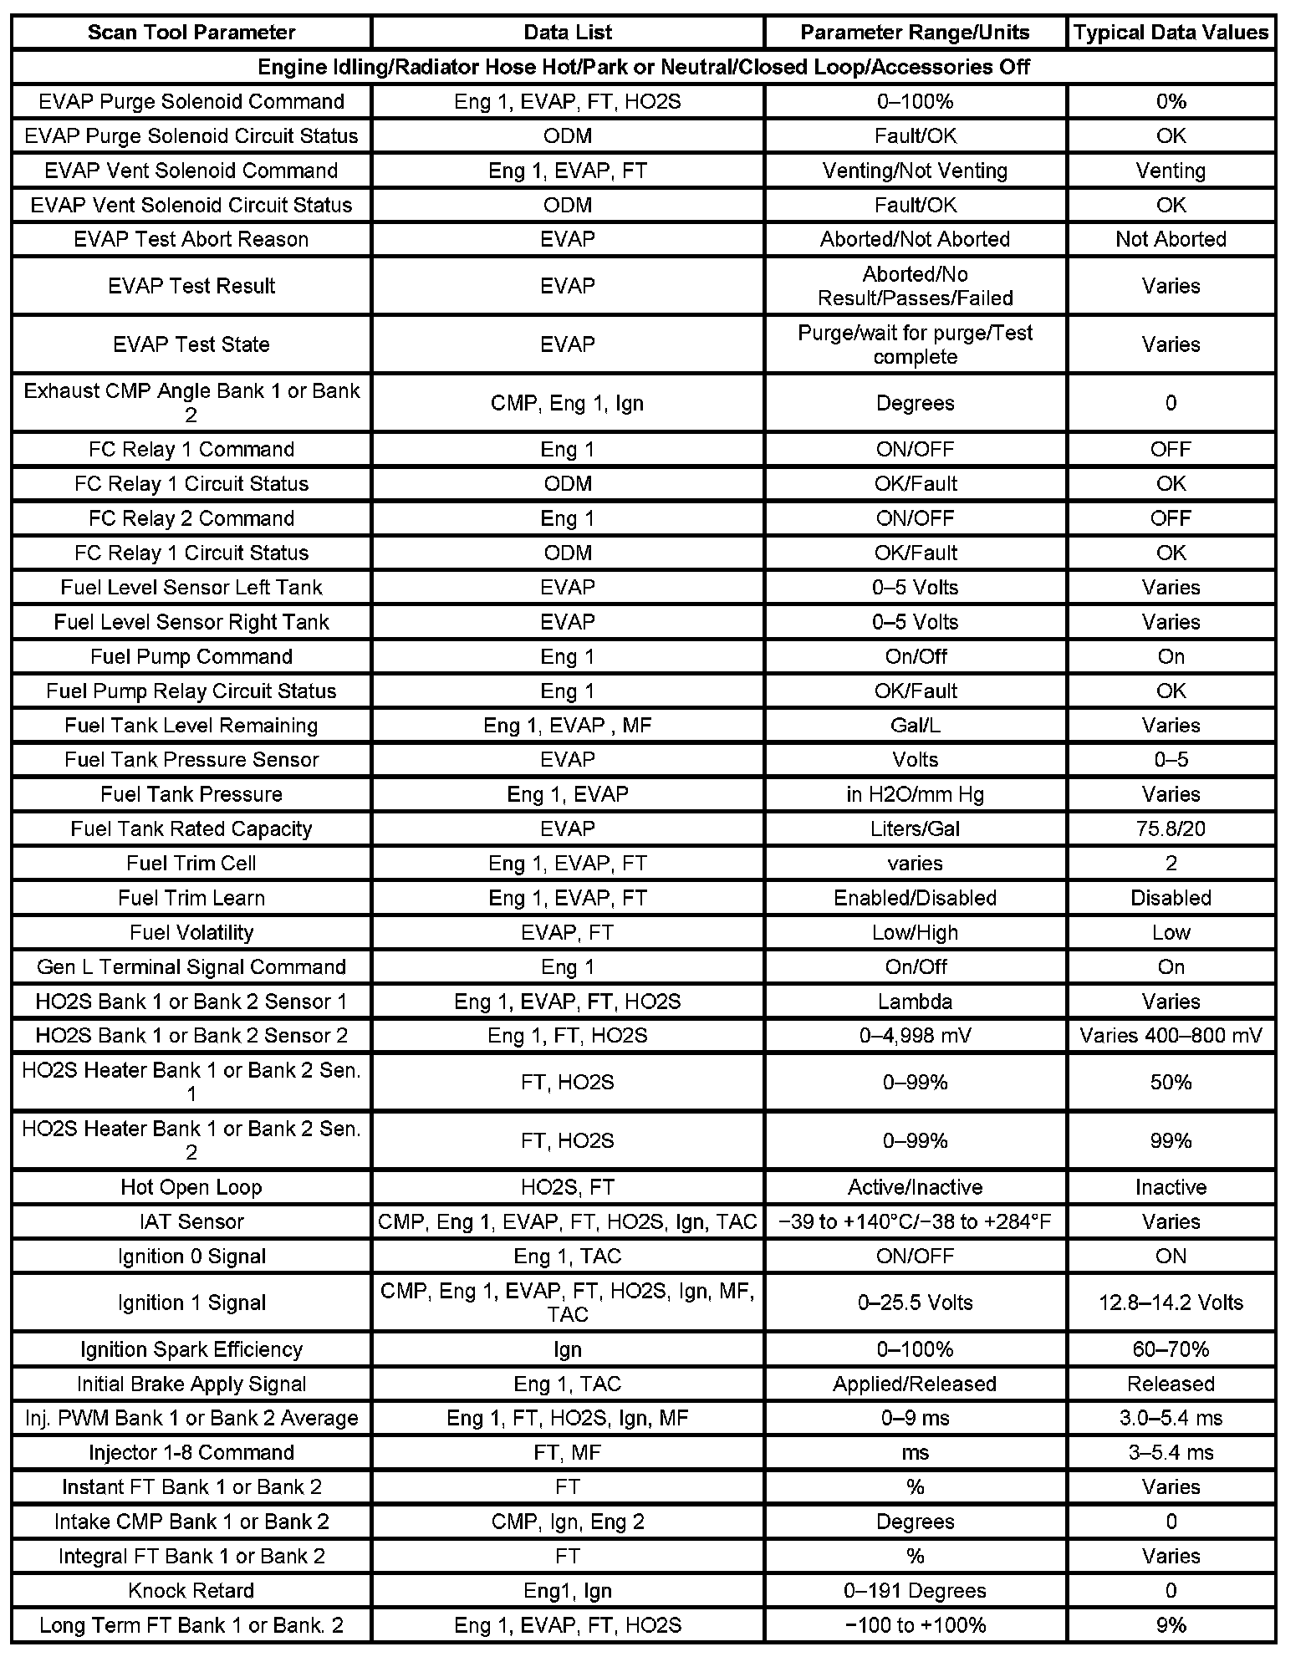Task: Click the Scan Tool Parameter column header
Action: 191,33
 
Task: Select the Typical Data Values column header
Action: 1171,33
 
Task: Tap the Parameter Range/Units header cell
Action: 915,33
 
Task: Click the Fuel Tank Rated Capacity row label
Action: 191,828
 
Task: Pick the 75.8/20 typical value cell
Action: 1171,828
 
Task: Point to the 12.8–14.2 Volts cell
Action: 1171,1303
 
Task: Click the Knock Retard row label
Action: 191,1590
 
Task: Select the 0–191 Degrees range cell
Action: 915,1590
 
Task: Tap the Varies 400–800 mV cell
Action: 1171,1036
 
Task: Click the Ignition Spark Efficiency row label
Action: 191,1349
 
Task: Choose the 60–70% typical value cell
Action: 1171,1349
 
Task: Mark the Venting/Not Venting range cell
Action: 915,171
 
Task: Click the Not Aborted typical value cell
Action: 1171,239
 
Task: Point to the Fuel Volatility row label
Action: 191,932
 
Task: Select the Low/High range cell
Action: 915,932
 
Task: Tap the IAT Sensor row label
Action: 191,1221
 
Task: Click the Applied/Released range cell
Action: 915,1384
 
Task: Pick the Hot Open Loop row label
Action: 191,1187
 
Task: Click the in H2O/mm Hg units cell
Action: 915,794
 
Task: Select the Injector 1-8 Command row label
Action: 191,1452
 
